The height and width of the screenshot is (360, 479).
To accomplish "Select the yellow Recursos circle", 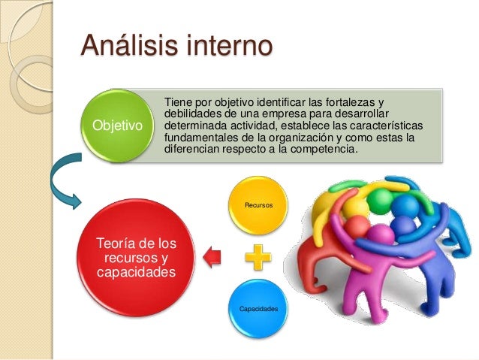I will pos(258,204).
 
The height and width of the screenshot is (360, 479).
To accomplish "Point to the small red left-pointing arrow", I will pos(213,257).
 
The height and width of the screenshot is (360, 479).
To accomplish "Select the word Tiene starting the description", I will pos(177,102).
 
